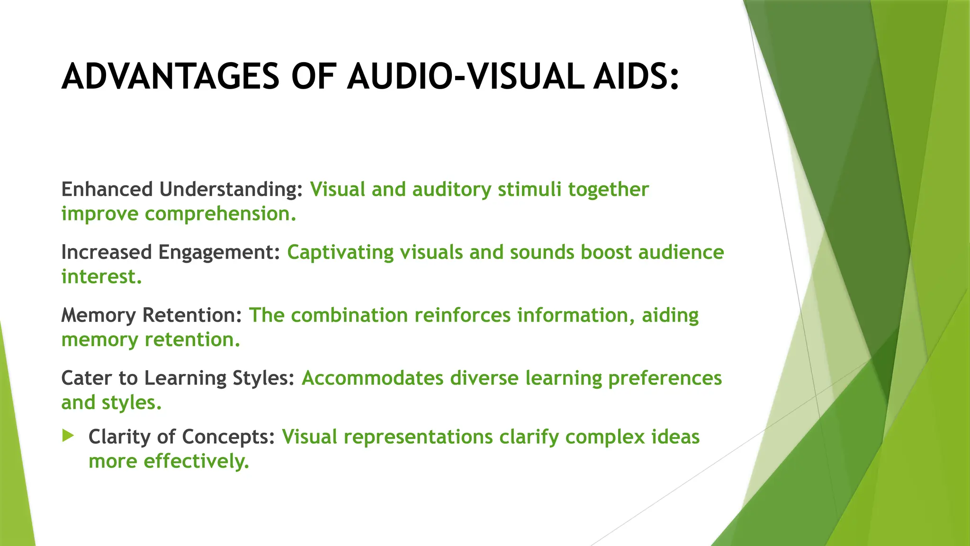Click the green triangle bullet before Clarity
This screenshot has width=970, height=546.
68,436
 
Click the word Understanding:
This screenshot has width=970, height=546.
231,189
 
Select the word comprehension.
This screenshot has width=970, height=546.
220,214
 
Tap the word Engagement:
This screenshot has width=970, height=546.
220,252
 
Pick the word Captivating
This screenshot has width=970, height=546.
341,252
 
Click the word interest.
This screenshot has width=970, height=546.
101,277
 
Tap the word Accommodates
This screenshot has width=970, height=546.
373,378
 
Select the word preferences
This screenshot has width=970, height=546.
665,378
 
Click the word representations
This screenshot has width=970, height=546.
418,437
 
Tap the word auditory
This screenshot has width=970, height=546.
452,189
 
